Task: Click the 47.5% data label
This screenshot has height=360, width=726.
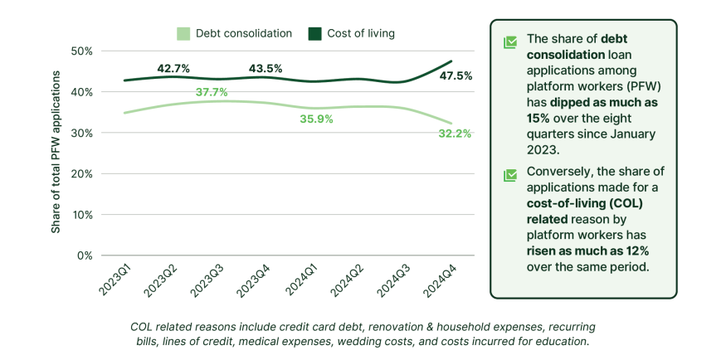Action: point(456,75)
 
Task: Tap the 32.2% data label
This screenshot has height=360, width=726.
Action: point(456,133)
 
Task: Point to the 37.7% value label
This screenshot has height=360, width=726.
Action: point(212,91)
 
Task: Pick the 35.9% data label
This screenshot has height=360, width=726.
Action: point(316,119)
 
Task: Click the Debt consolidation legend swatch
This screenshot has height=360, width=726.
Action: point(183,34)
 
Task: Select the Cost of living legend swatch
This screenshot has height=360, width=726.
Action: point(315,34)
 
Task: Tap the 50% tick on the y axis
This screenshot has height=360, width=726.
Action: point(80,51)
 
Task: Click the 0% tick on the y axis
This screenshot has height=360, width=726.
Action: point(84,255)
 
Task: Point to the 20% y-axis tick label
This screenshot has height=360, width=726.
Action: point(80,174)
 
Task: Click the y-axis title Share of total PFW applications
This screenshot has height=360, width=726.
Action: point(56,152)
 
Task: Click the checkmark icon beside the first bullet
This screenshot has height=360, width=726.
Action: point(510,41)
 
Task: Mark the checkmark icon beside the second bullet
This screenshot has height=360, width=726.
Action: point(510,175)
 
